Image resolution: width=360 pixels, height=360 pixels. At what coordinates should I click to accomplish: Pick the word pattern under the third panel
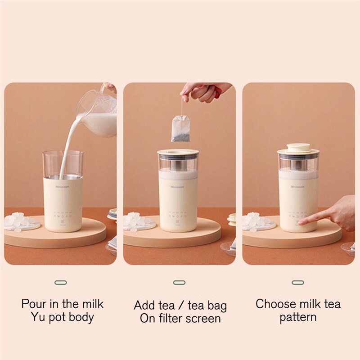coord(298,317)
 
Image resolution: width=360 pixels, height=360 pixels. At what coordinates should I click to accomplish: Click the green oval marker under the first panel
coord(60,283)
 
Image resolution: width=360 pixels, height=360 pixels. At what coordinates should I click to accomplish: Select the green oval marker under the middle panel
coord(179,283)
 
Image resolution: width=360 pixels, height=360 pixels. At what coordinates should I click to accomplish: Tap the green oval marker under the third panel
coord(298,283)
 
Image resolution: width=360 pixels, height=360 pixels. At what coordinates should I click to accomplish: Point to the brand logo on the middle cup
coord(179,187)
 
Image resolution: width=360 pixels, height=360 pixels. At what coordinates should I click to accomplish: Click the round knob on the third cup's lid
coord(298,147)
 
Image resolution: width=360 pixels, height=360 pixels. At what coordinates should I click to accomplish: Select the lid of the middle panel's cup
coord(178,153)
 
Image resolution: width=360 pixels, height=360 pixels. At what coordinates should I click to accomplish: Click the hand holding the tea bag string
coord(202,91)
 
